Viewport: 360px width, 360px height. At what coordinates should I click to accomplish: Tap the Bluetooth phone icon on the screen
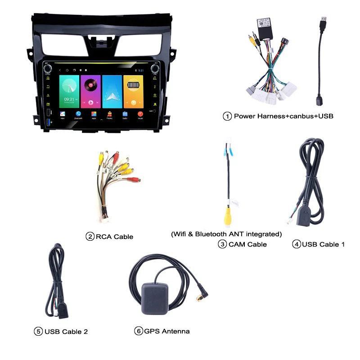[x=78, y=114]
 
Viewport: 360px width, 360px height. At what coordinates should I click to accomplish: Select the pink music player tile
[x=90, y=91]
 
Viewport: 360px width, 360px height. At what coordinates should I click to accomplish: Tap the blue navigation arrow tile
[x=112, y=91]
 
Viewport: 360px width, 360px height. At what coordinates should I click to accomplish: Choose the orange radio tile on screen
[x=133, y=91]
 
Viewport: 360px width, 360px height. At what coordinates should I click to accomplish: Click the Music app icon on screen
[x=140, y=114]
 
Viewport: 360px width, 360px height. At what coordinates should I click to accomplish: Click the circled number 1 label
[x=228, y=116]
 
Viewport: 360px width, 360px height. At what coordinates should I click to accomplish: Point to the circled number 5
[x=38, y=332]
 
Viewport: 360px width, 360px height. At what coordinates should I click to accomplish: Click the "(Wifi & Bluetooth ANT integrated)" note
[x=226, y=234]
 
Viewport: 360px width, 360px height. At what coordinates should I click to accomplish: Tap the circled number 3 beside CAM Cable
[x=222, y=244]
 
